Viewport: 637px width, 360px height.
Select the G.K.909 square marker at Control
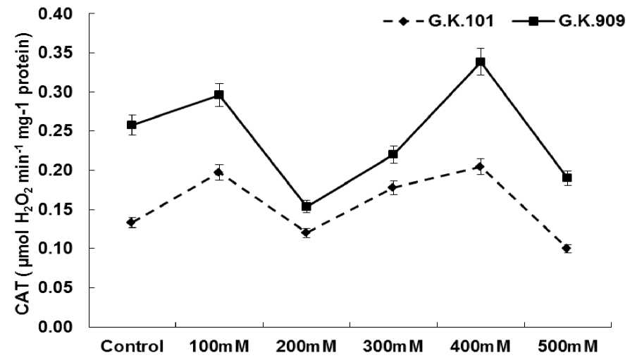pyautogui.click(x=132, y=125)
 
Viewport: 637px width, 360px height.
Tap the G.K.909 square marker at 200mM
pyautogui.click(x=307, y=206)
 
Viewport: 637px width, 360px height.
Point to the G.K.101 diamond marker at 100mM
pyautogui.click(x=219, y=172)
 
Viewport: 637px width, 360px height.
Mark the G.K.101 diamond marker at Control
pyautogui.click(x=132, y=223)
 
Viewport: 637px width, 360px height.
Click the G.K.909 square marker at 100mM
pyautogui.click(x=219, y=94)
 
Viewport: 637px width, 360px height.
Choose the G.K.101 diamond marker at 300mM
pyautogui.click(x=393, y=187)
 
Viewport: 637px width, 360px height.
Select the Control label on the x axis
pyautogui.click(x=132, y=347)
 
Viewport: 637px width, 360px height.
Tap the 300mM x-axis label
pyautogui.click(x=393, y=347)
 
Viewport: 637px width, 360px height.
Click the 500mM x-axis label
pyautogui.click(x=567, y=347)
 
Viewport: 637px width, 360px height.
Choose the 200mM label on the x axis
pyautogui.click(x=307, y=347)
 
